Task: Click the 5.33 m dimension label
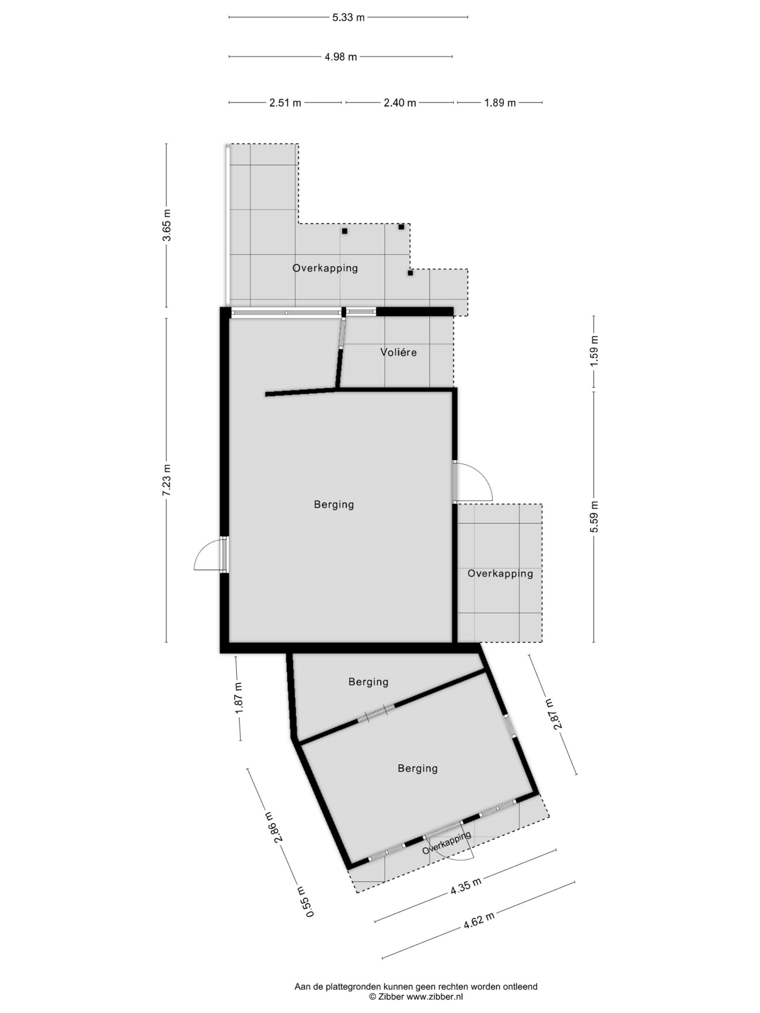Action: coord(348,17)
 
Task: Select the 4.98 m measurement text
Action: coord(340,57)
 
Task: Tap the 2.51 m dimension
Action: coord(285,102)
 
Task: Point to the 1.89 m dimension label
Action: coord(500,102)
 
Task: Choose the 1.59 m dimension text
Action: coord(594,351)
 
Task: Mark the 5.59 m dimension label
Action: coord(594,516)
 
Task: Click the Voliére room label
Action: coord(398,352)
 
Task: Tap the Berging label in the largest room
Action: coord(334,505)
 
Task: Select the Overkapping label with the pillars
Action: coord(325,268)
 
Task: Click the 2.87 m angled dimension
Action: coord(553,714)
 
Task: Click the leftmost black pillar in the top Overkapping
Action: coord(344,231)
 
